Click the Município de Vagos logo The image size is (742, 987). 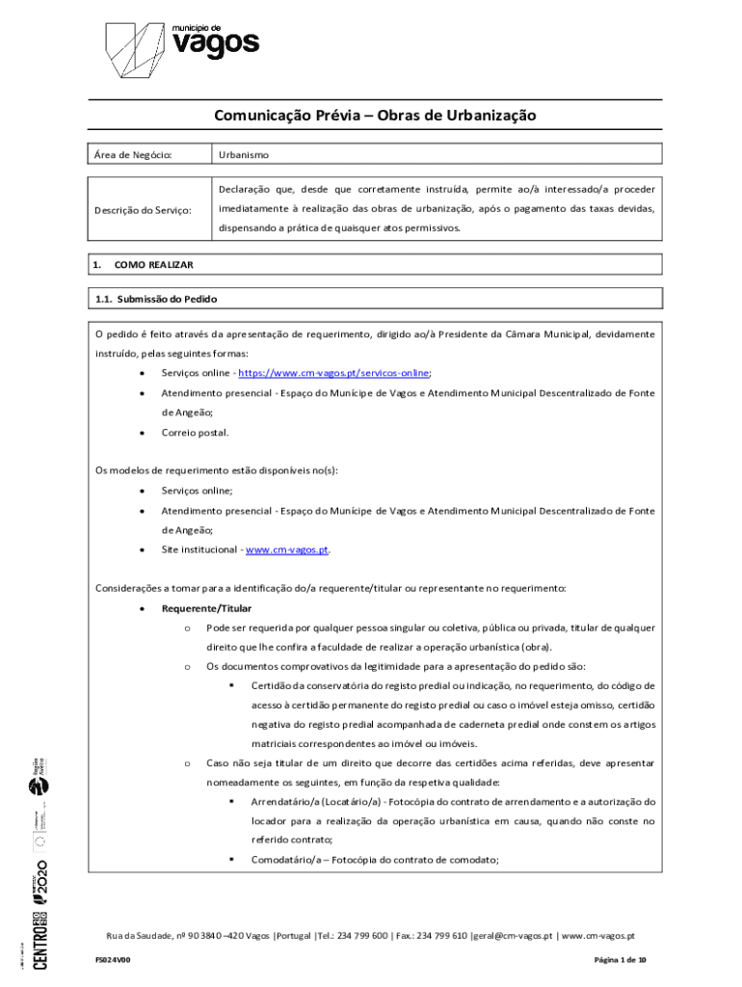(x=181, y=47)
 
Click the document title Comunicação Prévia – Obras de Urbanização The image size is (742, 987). (x=375, y=117)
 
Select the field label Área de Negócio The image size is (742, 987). (x=133, y=154)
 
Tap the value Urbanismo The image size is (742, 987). (x=244, y=154)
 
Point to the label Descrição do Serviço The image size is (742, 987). (x=143, y=209)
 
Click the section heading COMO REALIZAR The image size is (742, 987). (x=154, y=264)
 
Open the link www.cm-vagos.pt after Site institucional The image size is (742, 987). (x=287, y=549)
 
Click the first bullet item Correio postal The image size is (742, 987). (x=195, y=433)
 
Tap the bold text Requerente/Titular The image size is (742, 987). (x=206, y=608)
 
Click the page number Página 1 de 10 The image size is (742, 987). (x=620, y=960)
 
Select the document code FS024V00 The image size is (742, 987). (x=113, y=960)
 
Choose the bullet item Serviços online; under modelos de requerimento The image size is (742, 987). (x=197, y=491)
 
